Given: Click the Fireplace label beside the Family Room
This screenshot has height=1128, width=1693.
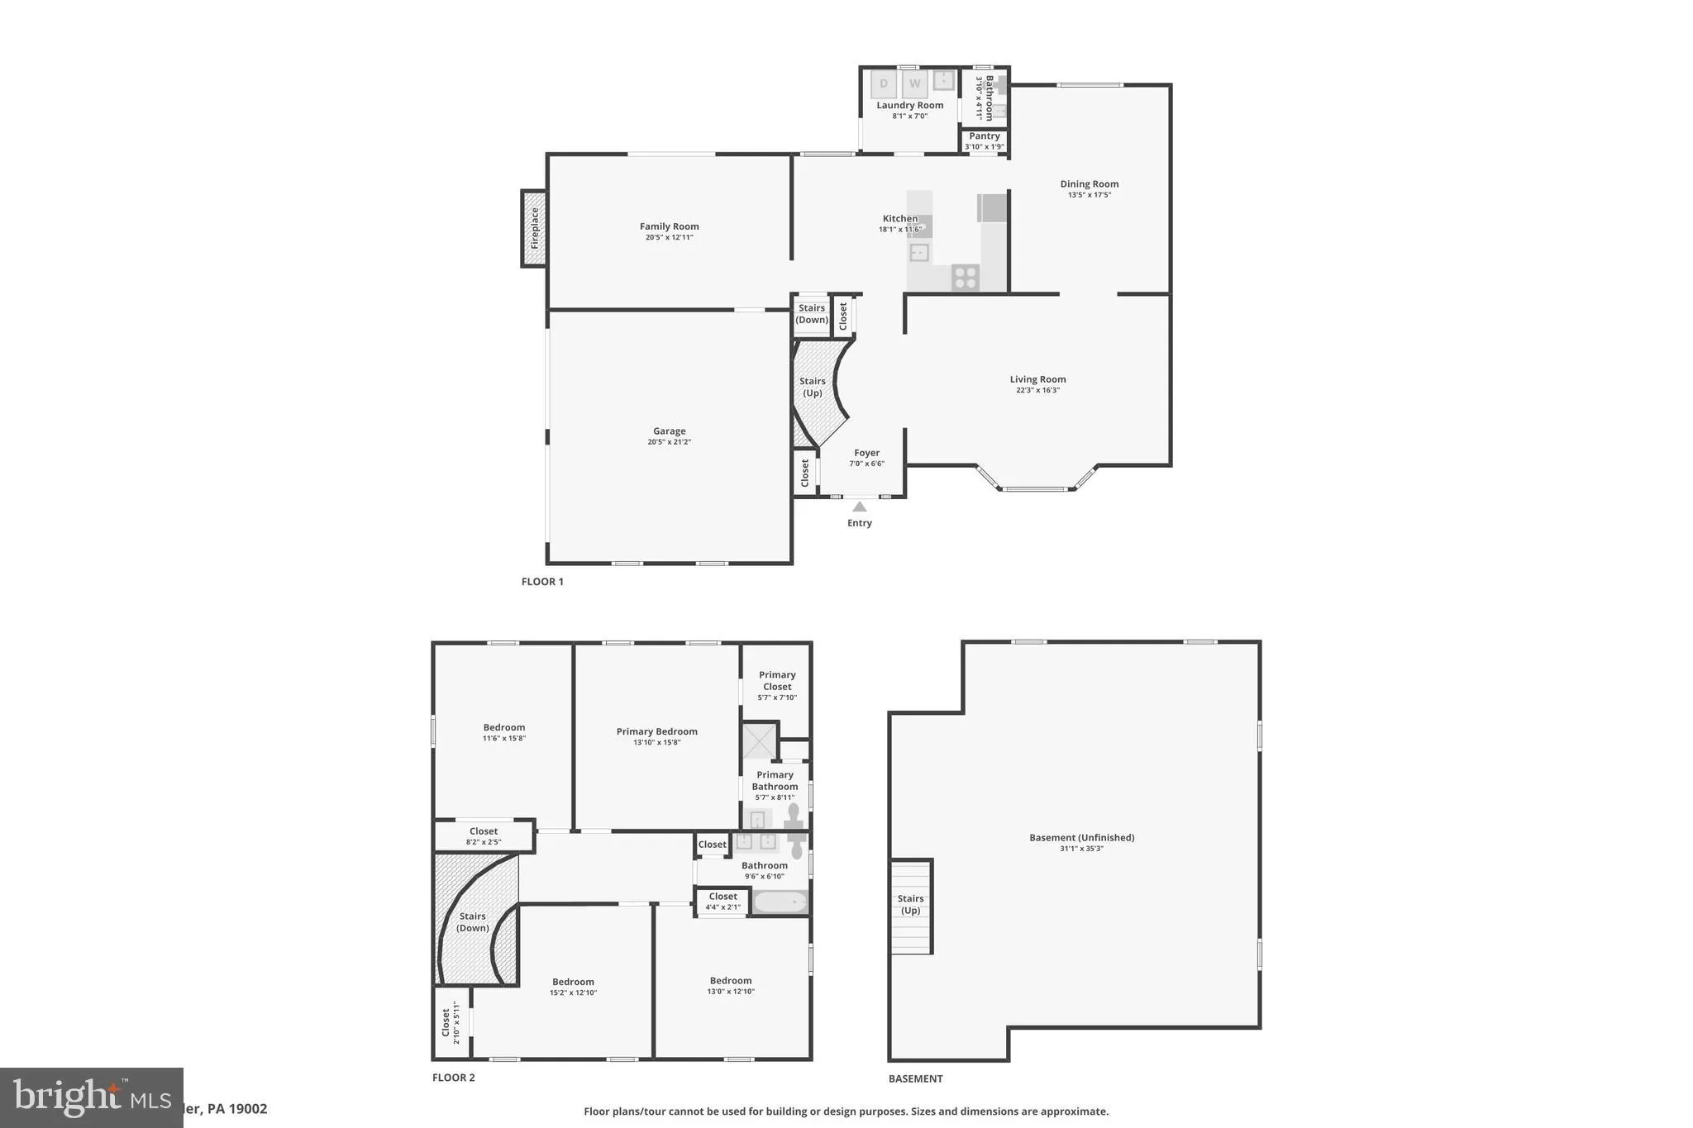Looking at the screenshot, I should (x=535, y=228).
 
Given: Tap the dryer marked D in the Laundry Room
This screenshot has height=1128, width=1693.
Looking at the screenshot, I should (x=884, y=83).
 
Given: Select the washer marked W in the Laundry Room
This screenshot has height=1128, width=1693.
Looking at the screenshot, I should (x=914, y=83).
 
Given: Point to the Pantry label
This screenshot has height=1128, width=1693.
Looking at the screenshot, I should (x=985, y=136).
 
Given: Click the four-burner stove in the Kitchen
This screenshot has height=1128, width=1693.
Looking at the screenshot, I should (x=965, y=277).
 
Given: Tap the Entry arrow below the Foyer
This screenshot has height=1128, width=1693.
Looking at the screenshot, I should (x=860, y=507).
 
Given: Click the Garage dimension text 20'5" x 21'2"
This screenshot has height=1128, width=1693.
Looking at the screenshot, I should (x=669, y=442).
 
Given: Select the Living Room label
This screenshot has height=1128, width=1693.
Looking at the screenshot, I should (x=1037, y=379).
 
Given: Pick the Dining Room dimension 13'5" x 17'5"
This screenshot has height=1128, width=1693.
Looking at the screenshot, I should (x=1089, y=195).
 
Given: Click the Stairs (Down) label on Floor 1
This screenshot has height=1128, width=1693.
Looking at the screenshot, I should (x=812, y=314).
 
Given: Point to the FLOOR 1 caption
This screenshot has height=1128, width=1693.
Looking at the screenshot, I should (x=542, y=582).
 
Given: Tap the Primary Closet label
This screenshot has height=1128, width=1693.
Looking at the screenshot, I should (x=777, y=680).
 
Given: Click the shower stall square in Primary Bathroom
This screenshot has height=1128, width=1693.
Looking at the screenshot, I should (x=759, y=740).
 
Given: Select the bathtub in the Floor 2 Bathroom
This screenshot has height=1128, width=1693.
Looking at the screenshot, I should (x=780, y=902).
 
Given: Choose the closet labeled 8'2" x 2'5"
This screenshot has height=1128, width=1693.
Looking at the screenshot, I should (x=484, y=836).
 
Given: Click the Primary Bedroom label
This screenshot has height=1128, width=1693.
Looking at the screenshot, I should (x=656, y=731).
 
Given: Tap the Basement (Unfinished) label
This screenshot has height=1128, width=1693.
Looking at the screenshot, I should (x=1081, y=837).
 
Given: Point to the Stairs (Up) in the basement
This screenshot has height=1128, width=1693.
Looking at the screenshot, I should (x=911, y=906).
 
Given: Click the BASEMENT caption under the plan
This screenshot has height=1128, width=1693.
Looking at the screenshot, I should (x=915, y=1078).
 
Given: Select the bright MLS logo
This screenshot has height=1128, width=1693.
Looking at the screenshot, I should (x=91, y=1097).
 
